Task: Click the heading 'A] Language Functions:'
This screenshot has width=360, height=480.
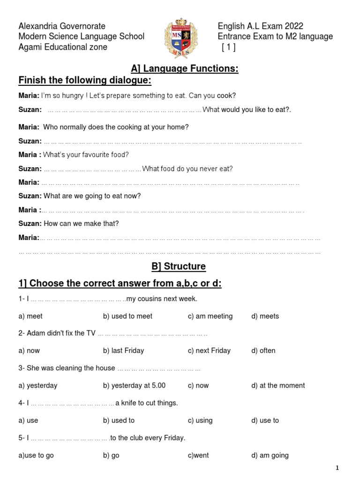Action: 185,69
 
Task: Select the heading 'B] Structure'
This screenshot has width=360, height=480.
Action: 178,266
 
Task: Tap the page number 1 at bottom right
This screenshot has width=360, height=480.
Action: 337,468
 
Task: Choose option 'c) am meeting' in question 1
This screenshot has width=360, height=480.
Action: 210,316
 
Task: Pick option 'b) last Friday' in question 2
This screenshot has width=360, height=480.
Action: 123,351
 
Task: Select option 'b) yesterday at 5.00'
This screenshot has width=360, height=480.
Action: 134,386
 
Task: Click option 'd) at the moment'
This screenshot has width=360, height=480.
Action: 278,386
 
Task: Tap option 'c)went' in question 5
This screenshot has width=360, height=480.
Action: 198,456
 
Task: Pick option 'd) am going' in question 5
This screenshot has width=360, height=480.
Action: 270,456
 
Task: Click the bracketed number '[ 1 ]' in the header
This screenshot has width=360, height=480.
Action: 228,47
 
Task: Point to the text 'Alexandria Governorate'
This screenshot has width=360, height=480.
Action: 62,26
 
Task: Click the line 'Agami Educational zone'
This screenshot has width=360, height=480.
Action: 63,47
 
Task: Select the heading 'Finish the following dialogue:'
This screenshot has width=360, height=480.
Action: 85,81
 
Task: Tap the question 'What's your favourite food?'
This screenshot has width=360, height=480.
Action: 86,155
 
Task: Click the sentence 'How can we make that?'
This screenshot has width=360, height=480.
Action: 81,224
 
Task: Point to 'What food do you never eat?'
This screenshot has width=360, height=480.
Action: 187,169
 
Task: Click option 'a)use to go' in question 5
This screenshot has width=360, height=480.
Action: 36,456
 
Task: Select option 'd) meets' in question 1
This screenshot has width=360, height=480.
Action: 265,316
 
